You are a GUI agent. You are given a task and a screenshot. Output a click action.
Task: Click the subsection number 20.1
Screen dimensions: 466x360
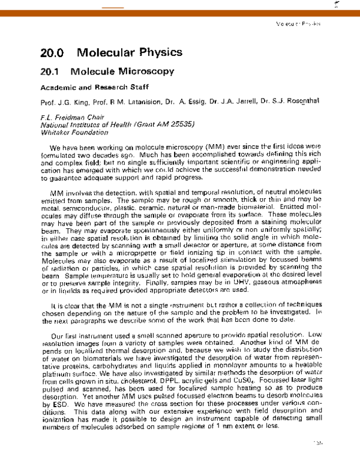[50, 71]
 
